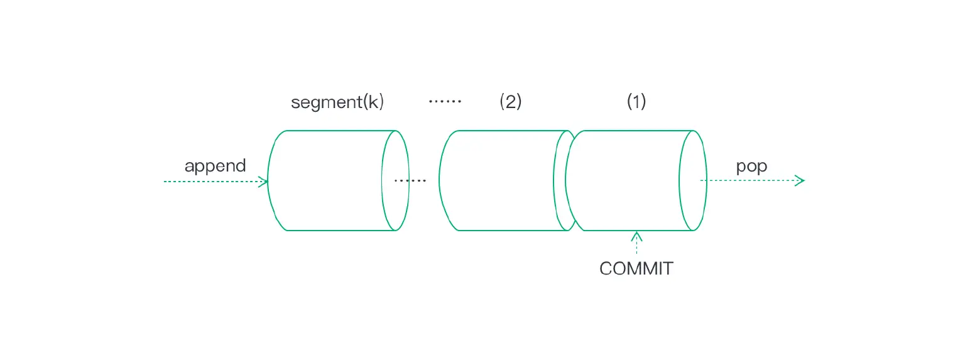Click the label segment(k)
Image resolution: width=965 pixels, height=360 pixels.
click(337, 102)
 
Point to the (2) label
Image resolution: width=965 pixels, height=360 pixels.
click(510, 102)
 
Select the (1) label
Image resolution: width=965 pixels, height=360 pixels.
click(636, 102)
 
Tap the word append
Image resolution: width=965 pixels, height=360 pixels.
click(215, 166)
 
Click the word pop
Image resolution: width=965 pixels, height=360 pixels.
click(751, 166)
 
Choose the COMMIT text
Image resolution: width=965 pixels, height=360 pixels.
click(636, 269)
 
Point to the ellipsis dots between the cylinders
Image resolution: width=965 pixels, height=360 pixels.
click(410, 181)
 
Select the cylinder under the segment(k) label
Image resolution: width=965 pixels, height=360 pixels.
click(327, 181)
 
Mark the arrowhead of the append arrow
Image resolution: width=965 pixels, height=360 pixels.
click(264, 182)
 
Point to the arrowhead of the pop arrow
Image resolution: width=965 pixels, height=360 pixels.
click(800, 181)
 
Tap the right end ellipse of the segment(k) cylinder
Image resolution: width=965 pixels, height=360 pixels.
click(396, 181)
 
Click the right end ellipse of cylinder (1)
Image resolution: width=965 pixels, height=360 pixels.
click(693, 181)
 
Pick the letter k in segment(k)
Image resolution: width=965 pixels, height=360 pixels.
click(374, 102)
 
